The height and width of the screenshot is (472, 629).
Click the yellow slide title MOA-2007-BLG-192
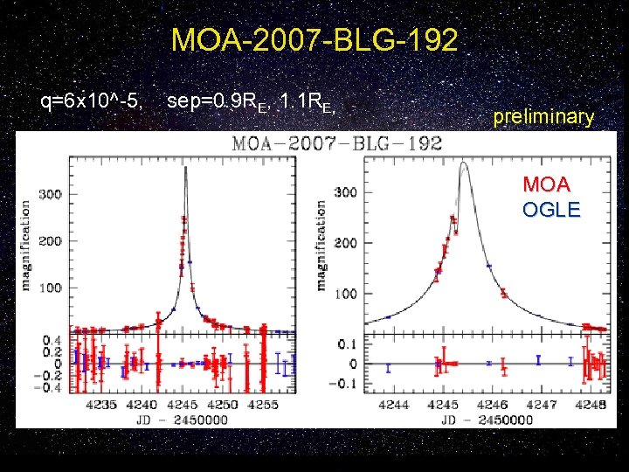coord(314,40)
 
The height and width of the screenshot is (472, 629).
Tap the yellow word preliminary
coord(543,116)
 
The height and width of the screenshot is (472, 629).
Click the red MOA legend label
coord(546,185)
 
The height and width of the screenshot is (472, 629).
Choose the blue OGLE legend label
coord(550,210)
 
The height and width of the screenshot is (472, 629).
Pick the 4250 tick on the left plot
coord(224,405)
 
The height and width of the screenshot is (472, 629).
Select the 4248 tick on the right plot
coord(592,405)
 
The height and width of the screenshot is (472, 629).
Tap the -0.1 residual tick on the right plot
coord(346,383)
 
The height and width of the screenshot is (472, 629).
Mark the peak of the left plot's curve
coord(186,169)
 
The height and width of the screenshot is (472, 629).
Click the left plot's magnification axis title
coord(25,246)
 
